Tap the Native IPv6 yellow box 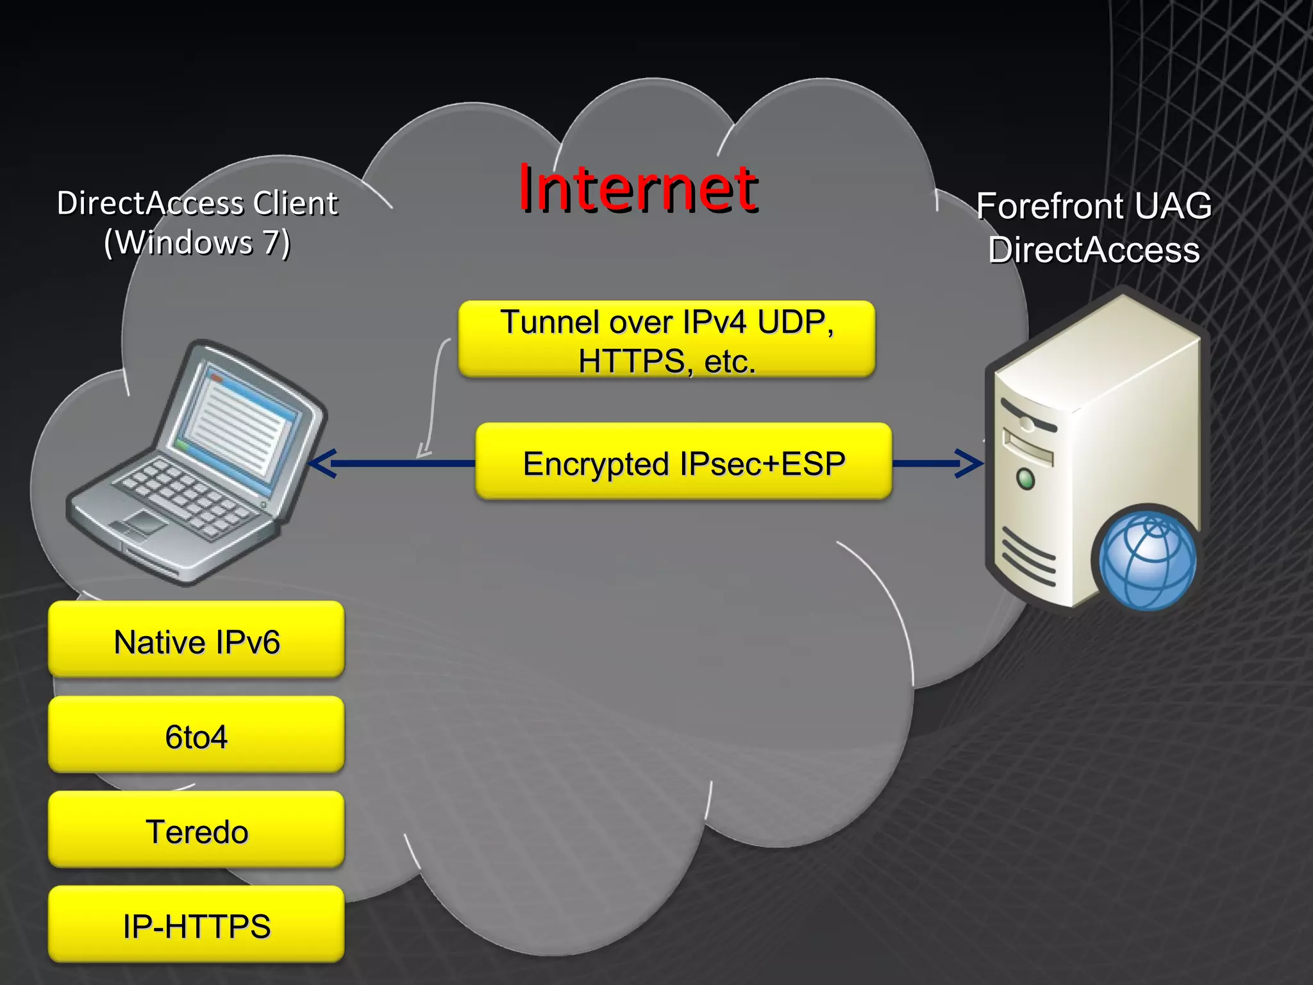tap(196, 641)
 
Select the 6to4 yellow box tap(196, 736)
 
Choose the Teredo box tap(196, 830)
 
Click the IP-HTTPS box tap(196, 925)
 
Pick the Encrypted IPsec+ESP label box tap(683, 462)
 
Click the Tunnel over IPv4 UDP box tap(667, 339)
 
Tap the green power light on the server tap(1026, 478)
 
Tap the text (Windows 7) tap(197, 243)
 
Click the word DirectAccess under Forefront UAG tap(1094, 250)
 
